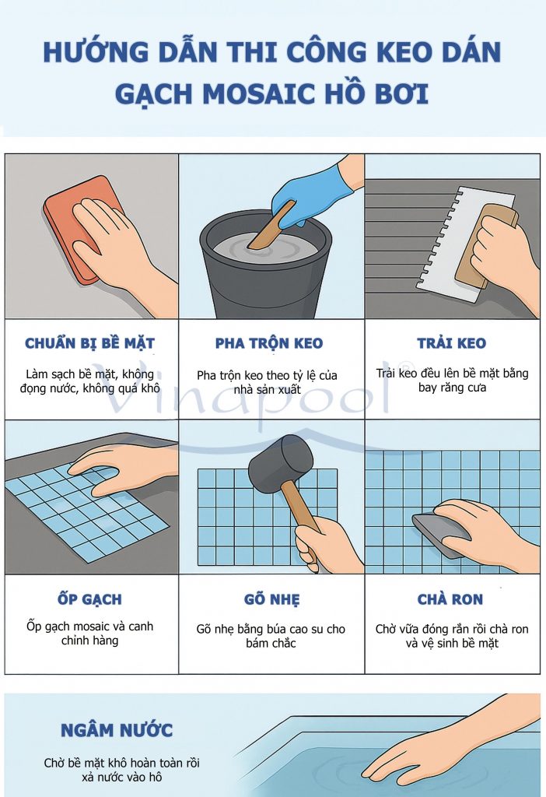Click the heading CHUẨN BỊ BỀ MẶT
pos(90,343)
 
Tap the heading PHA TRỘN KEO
pos(269,343)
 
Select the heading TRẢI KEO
pos(452,343)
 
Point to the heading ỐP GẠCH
pos(90,599)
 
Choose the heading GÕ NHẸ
pos(271,600)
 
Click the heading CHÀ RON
pos(450,599)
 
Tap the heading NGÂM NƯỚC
pos(117,730)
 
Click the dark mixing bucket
pos(266,265)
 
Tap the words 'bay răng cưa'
pos(452,388)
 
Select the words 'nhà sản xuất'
pos(267,390)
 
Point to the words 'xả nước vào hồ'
pos(122,778)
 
